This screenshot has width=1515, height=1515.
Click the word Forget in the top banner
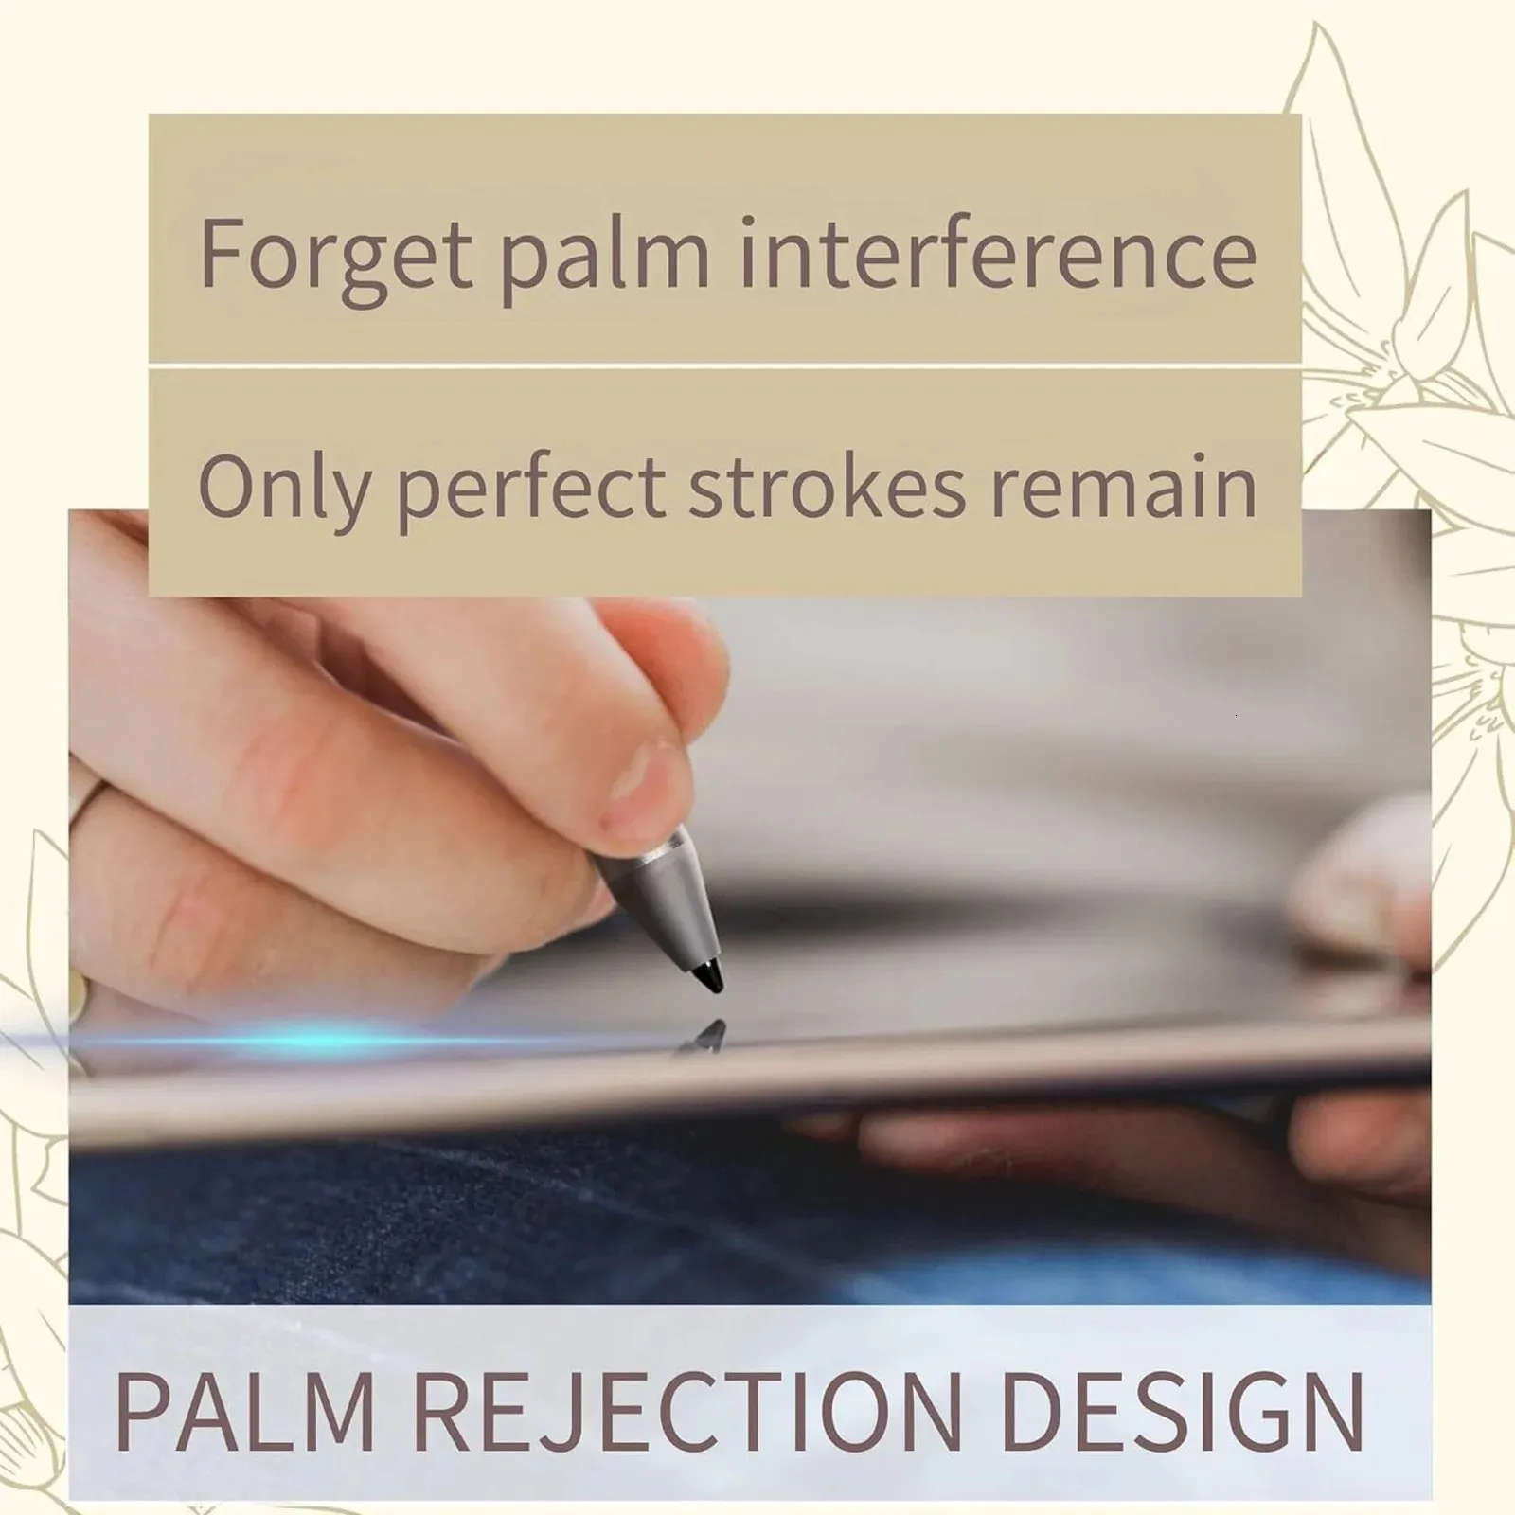336,254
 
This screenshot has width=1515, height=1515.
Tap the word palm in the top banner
604,254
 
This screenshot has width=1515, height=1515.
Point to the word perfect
531,487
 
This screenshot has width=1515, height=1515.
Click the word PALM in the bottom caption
244,1411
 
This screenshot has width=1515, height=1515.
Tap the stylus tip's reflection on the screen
706,1037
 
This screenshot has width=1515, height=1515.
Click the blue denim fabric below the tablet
568,1221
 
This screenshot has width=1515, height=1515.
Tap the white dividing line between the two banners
725,365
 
